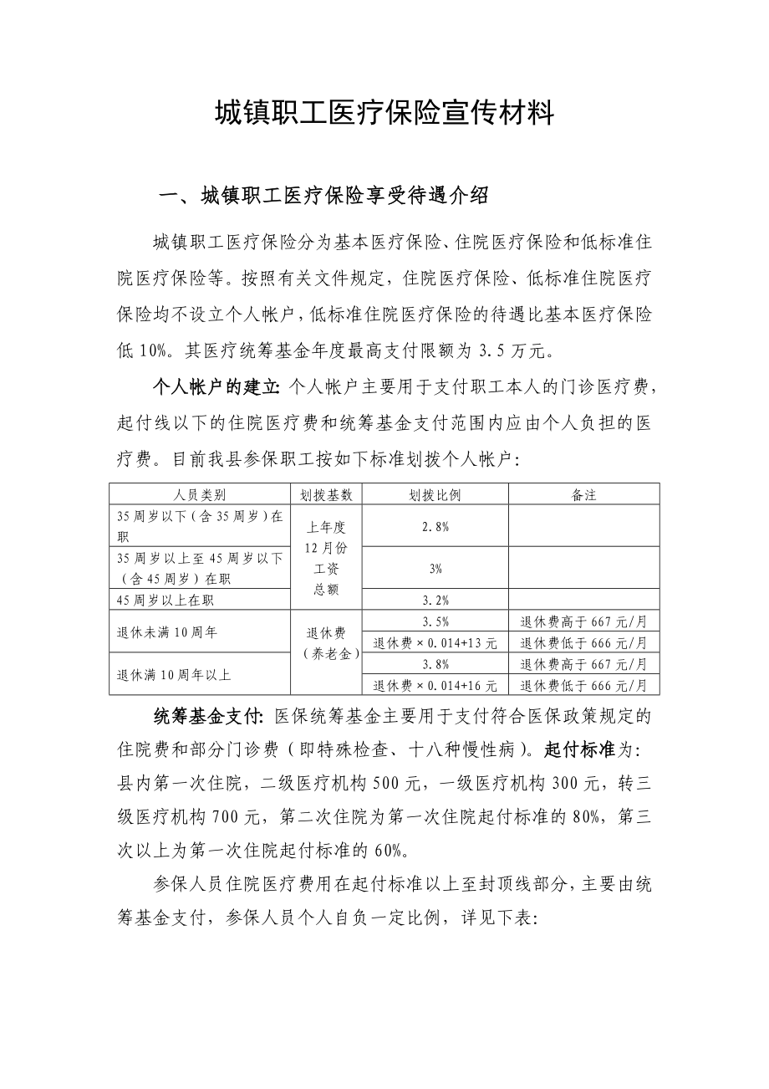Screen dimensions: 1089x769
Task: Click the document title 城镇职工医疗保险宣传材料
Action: pyautogui.click(x=384, y=112)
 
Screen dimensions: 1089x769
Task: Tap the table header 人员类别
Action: pyautogui.click(x=200, y=494)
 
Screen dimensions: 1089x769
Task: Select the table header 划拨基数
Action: pyautogui.click(x=326, y=494)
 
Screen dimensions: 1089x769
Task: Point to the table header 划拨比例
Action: pyautogui.click(x=435, y=494)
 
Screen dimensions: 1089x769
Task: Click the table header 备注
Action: pyautogui.click(x=583, y=494)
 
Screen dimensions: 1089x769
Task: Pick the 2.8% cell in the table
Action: pyautogui.click(x=435, y=526)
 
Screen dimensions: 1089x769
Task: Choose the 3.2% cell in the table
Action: pyautogui.click(x=435, y=600)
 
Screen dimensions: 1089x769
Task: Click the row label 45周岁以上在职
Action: pyautogui.click(x=167, y=600)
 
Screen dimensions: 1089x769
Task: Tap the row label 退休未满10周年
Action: pyautogui.click(x=167, y=632)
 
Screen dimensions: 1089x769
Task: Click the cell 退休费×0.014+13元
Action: pyautogui.click(x=435, y=643)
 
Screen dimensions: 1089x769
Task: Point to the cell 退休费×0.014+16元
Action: pyautogui.click(x=435, y=685)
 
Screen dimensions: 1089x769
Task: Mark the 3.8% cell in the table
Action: pyautogui.click(x=435, y=664)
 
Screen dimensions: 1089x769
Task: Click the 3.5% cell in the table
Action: pyautogui.click(x=435, y=621)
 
